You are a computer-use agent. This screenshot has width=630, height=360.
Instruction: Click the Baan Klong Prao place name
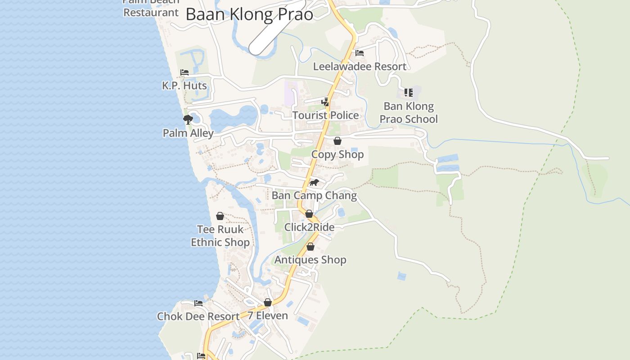pyautogui.click(x=249, y=14)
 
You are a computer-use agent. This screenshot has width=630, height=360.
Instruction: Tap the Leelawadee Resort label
pyautogui.click(x=360, y=67)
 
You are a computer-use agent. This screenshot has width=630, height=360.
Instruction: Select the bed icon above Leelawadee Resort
pyautogui.click(x=359, y=53)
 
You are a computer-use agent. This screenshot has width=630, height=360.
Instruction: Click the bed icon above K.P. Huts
pyautogui.click(x=184, y=72)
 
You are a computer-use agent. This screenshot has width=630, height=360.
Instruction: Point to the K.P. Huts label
pyautogui.click(x=184, y=85)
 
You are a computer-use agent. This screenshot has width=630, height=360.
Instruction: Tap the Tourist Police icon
pyautogui.click(x=325, y=102)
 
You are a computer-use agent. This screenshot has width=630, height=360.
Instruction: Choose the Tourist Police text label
pyautogui.click(x=326, y=115)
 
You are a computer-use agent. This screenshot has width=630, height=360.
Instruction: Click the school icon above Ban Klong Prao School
pyautogui.click(x=408, y=93)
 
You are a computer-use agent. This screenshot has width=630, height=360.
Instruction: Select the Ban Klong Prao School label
pyautogui.click(x=409, y=112)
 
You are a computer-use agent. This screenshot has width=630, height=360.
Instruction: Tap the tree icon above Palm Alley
pyautogui.click(x=188, y=120)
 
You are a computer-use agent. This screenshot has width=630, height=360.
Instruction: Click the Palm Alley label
pyautogui.click(x=188, y=133)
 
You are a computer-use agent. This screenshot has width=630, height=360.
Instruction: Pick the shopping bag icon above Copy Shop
pyautogui.click(x=337, y=141)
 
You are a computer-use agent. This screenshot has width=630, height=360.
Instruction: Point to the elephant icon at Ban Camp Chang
pyautogui.click(x=314, y=182)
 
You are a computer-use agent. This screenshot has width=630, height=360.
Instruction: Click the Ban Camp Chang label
pyautogui.click(x=314, y=196)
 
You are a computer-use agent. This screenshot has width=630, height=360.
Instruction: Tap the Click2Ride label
pyautogui.click(x=309, y=227)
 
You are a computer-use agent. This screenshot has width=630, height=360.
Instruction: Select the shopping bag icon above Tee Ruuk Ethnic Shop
pyautogui.click(x=220, y=216)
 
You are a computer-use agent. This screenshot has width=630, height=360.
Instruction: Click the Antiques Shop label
pyautogui.click(x=310, y=260)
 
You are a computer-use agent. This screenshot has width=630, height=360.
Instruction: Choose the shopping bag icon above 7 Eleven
pyautogui.click(x=268, y=302)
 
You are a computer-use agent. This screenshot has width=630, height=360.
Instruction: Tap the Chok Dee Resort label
pyautogui.click(x=198, y=316)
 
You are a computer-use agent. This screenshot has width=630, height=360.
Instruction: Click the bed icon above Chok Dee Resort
pyautogui.click(x=198, y=303)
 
